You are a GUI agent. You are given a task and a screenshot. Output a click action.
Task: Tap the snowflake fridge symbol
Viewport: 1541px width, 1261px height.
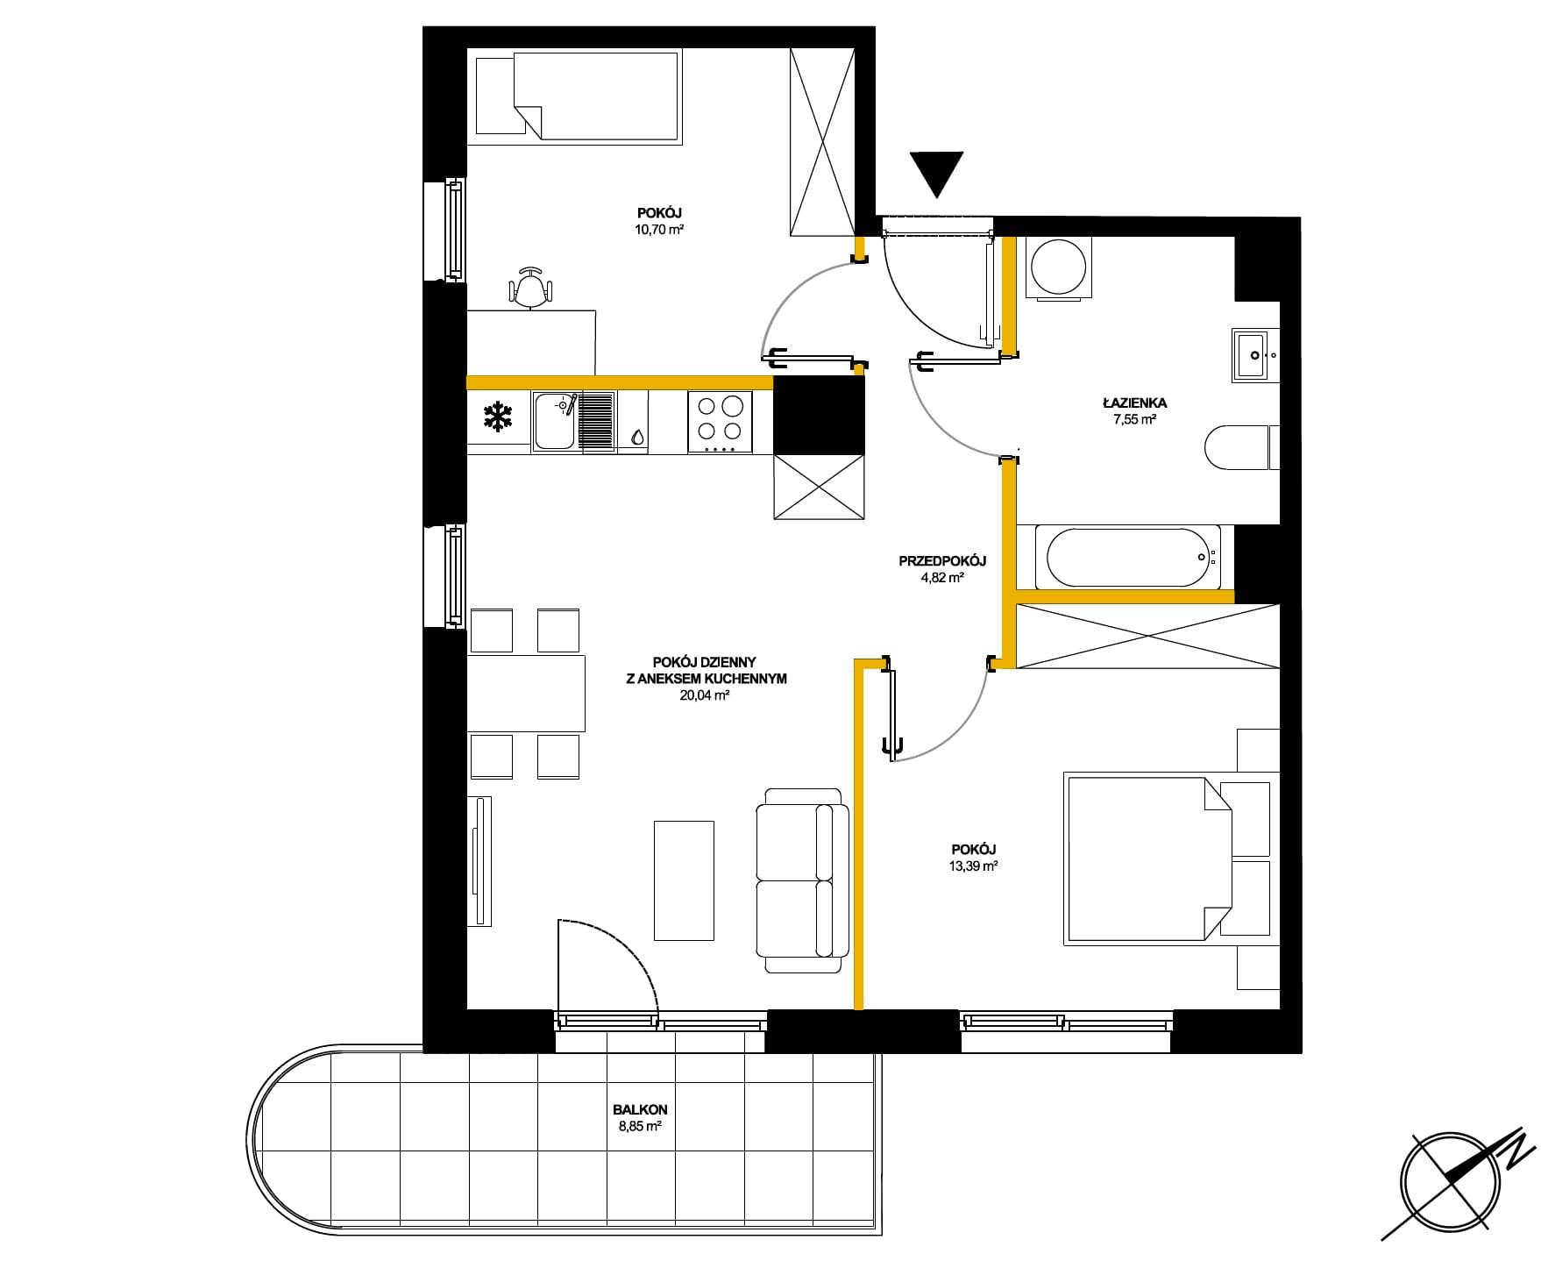click(498, 417)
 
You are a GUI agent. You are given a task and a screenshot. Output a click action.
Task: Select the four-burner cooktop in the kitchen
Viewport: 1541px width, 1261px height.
click(720, 422)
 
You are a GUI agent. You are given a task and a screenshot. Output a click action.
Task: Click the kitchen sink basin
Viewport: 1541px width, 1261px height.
click(554, 420)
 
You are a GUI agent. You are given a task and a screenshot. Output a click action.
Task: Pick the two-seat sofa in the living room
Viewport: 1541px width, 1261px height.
click(803, 880)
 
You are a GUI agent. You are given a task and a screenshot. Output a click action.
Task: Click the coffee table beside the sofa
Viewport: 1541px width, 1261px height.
click(685, 880)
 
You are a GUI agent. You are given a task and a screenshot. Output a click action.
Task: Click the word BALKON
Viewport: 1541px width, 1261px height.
click(640, 1110)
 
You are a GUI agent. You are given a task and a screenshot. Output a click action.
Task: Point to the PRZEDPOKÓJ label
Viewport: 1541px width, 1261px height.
click(943, 561)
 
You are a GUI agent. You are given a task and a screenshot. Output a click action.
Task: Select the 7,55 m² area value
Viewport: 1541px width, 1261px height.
click(1135, 419)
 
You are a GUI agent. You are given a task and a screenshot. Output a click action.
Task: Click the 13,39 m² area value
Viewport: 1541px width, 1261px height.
click(974, 866)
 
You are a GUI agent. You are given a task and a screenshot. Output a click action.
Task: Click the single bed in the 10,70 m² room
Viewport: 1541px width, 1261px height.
click(577, 96)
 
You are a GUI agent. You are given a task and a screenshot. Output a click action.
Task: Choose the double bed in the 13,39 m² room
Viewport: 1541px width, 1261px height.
click(1148, 858)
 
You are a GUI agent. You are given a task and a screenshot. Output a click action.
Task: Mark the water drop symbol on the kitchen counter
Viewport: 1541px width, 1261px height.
click(636, 436)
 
